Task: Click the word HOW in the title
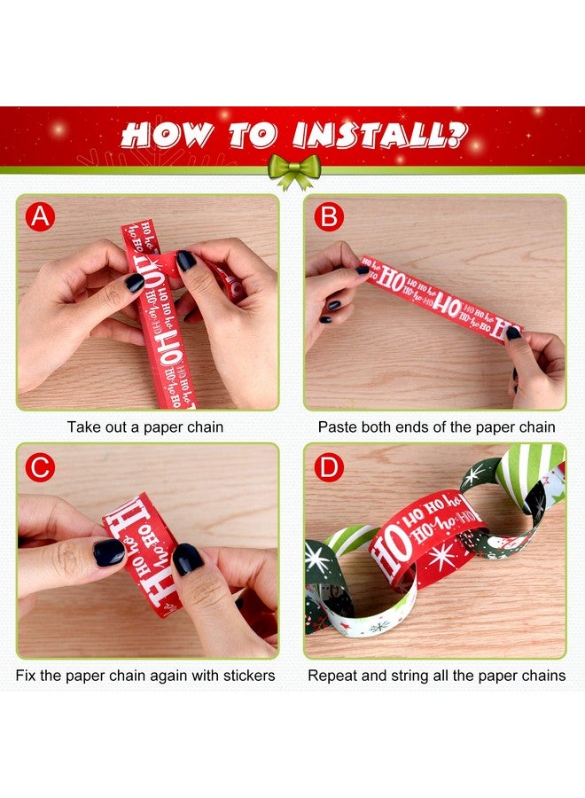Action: coord(167,134)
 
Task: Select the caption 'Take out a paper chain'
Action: coord(145,427)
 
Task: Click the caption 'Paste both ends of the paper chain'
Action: coord(437,427)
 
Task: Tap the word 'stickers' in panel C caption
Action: coord(242,676)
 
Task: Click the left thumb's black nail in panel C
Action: coord(110,552)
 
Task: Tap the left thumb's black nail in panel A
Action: coord(134,283)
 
